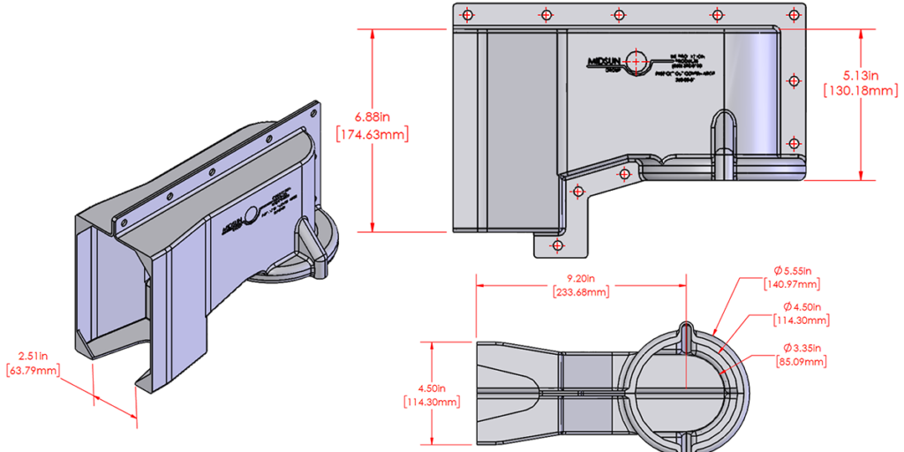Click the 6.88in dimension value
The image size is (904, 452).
372,117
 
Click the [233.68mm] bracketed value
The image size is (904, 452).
580,291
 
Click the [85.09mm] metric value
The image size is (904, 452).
801,361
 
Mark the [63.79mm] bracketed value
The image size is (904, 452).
33,371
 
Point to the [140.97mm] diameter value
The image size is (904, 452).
793,283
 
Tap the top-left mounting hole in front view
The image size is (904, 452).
467,14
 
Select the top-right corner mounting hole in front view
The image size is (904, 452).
794,15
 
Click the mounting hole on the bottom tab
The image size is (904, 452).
556,245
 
